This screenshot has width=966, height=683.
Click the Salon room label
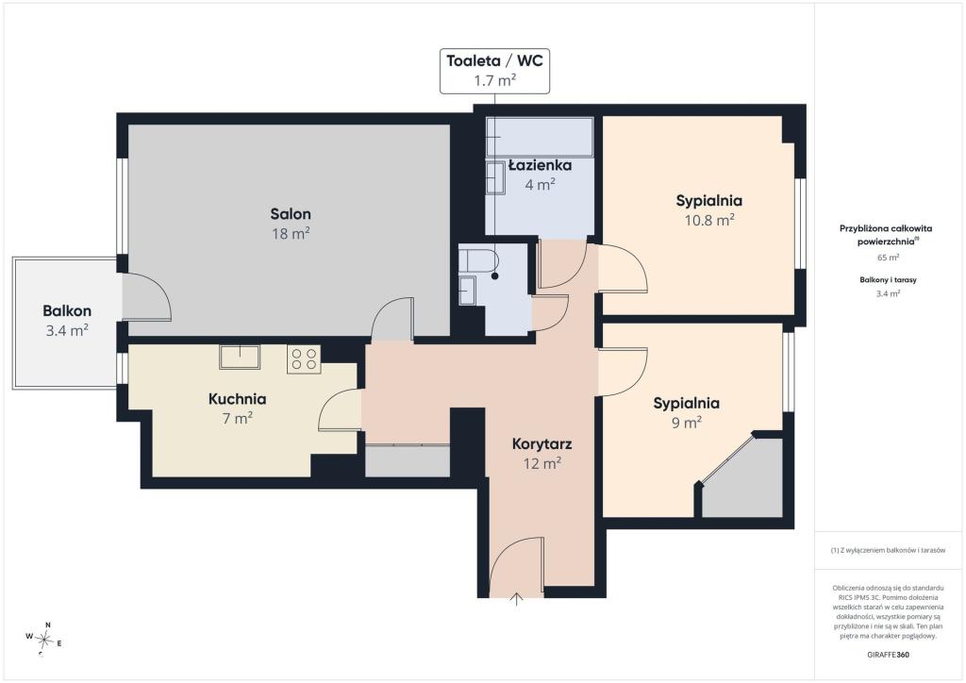pos(291,214)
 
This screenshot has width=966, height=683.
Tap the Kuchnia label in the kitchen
pos(237,399)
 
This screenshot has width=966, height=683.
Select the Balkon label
pos(67,311)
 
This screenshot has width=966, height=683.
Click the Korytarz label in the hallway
pos(542,444)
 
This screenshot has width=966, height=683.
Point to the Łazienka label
pos(541,165)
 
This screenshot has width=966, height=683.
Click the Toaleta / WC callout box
pos(494,71)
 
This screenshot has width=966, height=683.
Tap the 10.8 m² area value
pos(709,220)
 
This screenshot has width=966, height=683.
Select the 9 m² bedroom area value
pos(687,423)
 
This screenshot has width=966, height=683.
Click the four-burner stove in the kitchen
pos(304,359)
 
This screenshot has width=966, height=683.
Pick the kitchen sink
pos(240,358)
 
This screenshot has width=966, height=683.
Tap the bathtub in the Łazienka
pos(540,137)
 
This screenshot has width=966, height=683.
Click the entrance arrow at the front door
pos(516,599)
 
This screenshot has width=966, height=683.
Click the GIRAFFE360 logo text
pos(888,655)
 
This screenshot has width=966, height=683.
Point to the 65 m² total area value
pos(888,258)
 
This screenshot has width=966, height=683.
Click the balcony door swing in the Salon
pos(146,297)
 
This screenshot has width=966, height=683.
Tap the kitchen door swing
pos(340,409)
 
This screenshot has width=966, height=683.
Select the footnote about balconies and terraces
pos(888,550)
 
